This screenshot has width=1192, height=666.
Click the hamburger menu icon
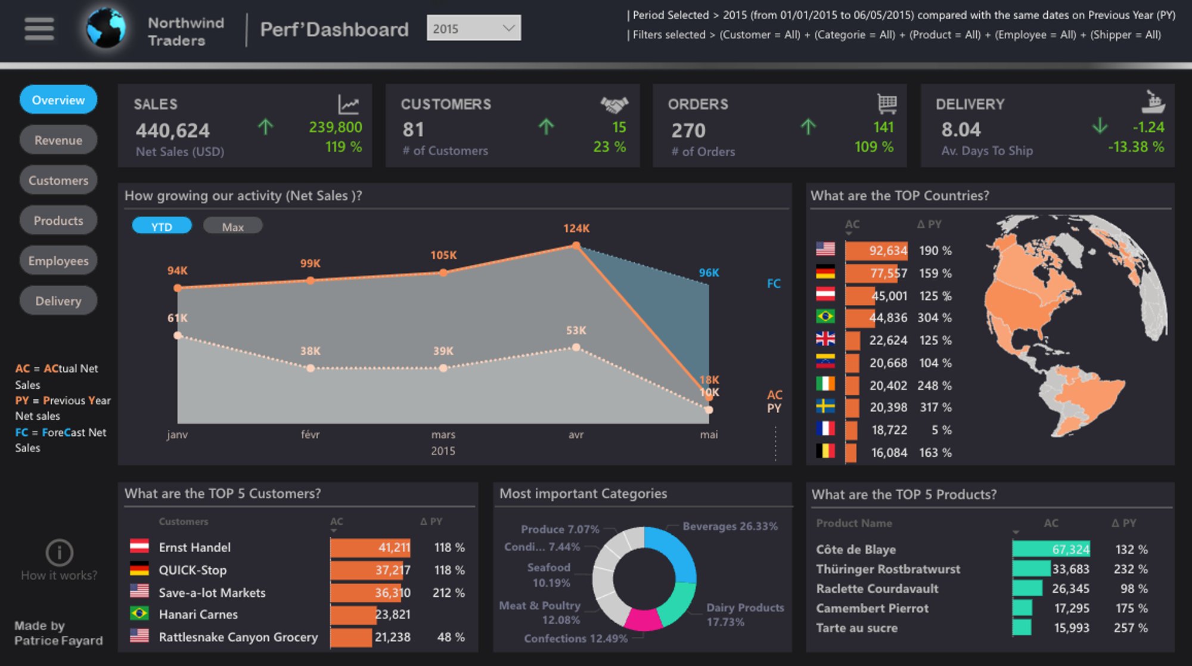pyautogui.click(x=39, y=29)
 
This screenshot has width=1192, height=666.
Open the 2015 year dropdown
pyautogui.click(x=473, y=28)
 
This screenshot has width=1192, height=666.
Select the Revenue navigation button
pyautogui.click(x=58, y=140)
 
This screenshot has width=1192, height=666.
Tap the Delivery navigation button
pyautogui.click(x=58, y=301)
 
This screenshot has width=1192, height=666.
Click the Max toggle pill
pyautogui.click(x=232, y=227)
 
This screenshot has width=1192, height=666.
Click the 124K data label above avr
pyautogui.click(x=576, y=228)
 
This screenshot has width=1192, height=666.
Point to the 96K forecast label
pyautogui.click(x=709, y=272)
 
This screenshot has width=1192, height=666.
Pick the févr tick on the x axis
pyautogui.click(x=310, y=435)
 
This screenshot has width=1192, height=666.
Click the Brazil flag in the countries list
pyautogui.click(x=825, y=317)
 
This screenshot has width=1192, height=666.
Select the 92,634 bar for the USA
pyautogui.click(x=876, y=250)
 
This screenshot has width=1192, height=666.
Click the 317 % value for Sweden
pyautogui.click(x=935, y=407)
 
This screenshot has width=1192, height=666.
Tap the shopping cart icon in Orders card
pyautogui.click(x=887, y=104)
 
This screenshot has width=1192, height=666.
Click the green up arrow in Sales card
pyautogui.click(x=265, y=126)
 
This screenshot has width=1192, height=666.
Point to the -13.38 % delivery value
pyautogui.click(x=1135, y=147)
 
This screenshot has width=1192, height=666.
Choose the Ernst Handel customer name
pyautogui.click(x=194, y=547)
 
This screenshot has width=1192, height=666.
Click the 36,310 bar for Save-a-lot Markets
pyautogui.click(x=370, y=593)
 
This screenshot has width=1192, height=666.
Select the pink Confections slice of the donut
pyautogui.click(x=643, y=620)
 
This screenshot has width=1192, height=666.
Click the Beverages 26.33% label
pyautogui.click(x=730, y=526)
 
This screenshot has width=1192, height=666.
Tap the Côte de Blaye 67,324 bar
pyautogui.click(x=1051, y=549)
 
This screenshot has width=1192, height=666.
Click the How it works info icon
pyautogui.click(x=59, y=553)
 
